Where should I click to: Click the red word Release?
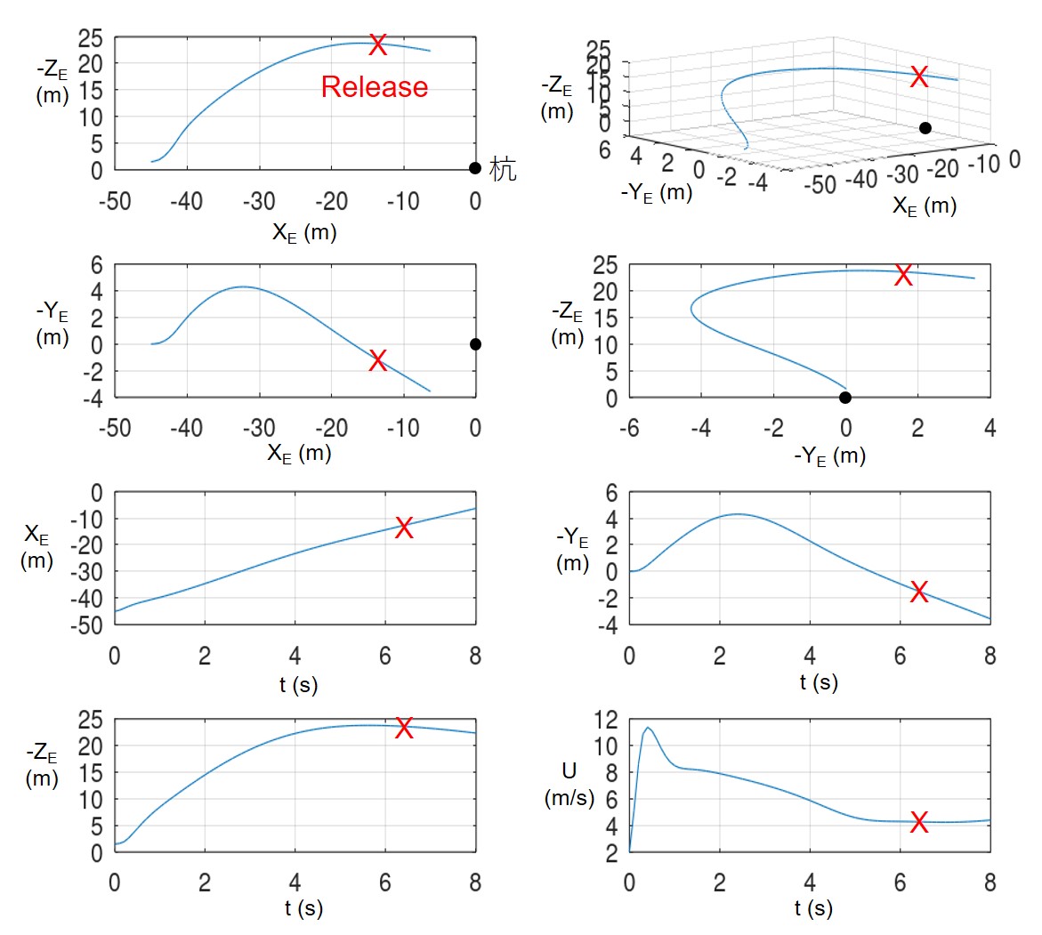tap(375, 86)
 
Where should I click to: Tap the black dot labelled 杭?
tap(475, 168)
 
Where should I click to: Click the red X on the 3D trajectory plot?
tap(919, 77)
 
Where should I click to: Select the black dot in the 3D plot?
tap(925, 128)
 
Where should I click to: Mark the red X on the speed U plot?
tap(919, 823)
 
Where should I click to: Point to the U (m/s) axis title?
tap(569, 784)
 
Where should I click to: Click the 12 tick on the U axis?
tap(605, 721)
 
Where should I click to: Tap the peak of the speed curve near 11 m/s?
tap(648, 728)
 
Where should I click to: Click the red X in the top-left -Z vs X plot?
tap(378, 44)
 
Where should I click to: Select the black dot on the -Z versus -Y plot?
tap(845, 398)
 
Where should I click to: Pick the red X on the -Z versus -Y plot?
tap(903, 275)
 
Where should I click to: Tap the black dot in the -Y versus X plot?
tap(475, 344)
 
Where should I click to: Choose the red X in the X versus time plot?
tap(404, 528)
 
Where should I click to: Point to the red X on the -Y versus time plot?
tap(919, 592)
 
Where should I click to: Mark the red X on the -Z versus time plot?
tap(404, 728)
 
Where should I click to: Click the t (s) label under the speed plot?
tap(814, 908)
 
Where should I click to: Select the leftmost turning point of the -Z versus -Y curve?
tap(691, 309)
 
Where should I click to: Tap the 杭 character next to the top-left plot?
tap(504, 169)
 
